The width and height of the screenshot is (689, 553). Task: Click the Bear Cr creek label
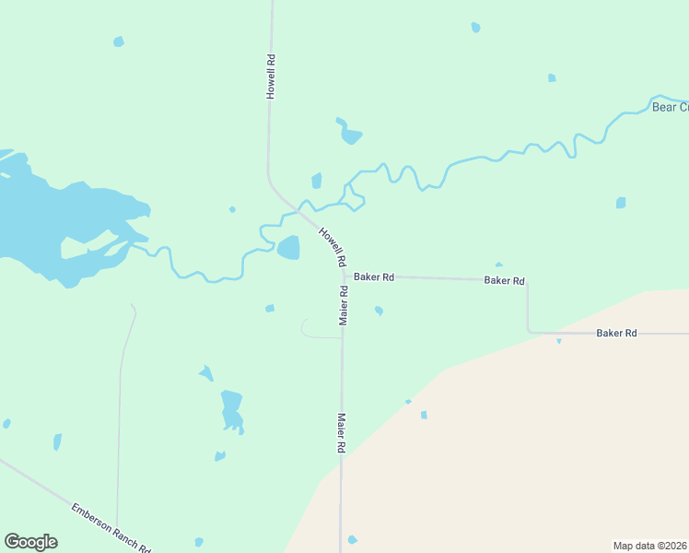click(670, 108)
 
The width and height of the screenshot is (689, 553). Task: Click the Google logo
click(31, 542)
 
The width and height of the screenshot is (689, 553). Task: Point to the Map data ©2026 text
click(650, 545)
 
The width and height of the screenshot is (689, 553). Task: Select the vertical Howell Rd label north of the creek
click(271, 76)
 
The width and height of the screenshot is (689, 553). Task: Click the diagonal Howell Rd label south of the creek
click(332, 246)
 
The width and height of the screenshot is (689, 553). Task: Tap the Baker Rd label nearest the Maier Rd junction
click(374, 276)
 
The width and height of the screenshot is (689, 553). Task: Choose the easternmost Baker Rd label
click(616, 333)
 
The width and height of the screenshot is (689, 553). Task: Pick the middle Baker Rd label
click(504, 280)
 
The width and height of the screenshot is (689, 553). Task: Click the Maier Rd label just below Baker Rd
click(343, 305)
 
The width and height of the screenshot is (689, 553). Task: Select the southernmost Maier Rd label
click(341, 432)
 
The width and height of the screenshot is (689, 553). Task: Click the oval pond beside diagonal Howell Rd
click(288, 248)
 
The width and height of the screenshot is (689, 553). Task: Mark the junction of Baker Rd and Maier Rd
click(343, 276)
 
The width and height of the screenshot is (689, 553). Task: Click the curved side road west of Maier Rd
click(305, 330)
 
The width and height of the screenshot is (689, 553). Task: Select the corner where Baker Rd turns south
click(528, 280)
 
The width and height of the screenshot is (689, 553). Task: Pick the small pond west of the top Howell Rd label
click(118, 41)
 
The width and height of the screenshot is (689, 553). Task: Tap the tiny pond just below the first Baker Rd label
click(379, 312)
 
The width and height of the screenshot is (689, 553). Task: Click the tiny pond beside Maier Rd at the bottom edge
click(352, 540)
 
